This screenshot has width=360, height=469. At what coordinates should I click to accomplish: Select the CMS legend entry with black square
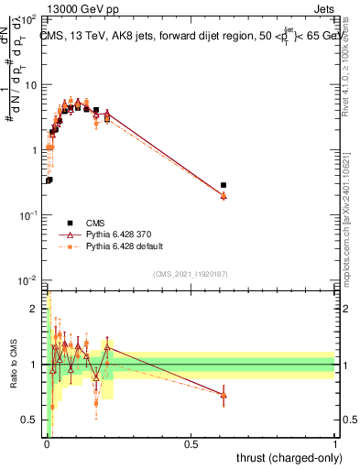tap(69, 223)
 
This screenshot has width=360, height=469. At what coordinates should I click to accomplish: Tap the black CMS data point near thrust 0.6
tap(224, 185)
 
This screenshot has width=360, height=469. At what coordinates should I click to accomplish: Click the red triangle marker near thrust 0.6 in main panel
tap(224, 195)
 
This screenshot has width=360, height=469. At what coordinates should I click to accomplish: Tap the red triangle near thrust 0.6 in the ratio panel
tap(224, 396)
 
